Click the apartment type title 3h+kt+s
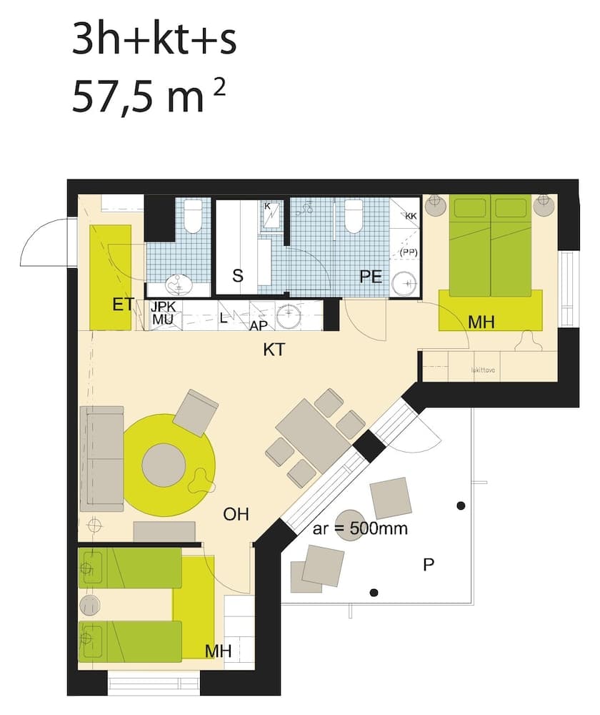click(154, 41)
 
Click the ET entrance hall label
click(123, 306)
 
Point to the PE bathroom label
click(371, 276)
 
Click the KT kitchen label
click(275, 350)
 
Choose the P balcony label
click(429, 565)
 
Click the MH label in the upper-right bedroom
click(481, 323)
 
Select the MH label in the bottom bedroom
click(219, 651)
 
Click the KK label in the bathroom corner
click(411, 216)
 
